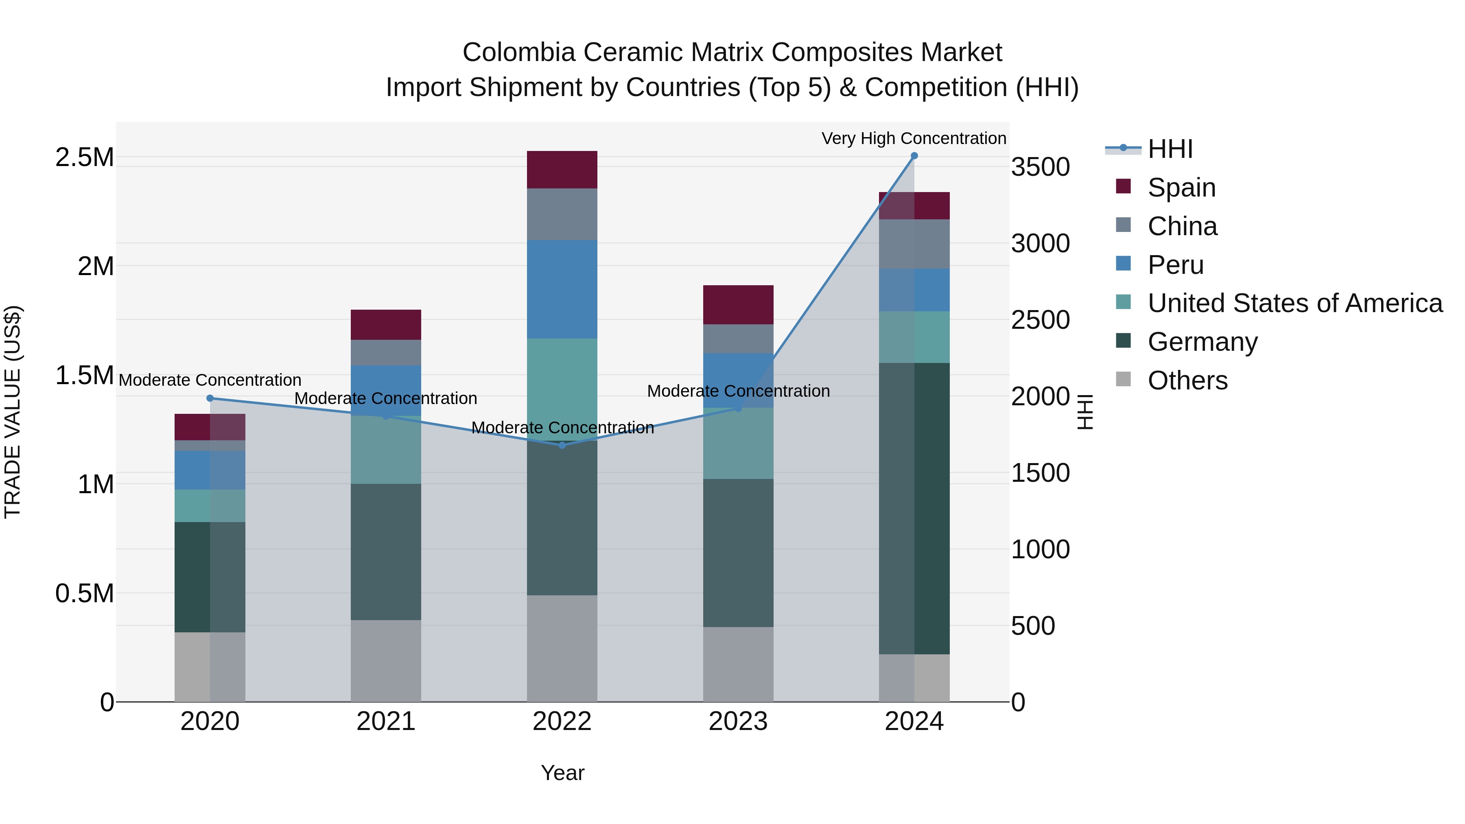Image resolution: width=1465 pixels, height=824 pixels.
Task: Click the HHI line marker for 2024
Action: coord(914,156)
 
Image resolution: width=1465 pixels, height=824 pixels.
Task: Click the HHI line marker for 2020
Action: coord(210,398)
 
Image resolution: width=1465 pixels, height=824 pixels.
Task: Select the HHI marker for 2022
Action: coord(562,445)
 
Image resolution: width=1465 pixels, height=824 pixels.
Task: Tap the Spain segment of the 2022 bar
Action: coord(562,169)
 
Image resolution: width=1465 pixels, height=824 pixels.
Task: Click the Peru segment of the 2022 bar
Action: coord(562,289)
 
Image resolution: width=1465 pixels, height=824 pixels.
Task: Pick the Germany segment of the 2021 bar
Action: coord(386,552)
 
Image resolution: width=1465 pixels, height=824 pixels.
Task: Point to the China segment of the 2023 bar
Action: coord(738,339)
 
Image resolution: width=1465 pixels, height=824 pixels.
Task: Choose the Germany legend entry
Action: coord(1202,342)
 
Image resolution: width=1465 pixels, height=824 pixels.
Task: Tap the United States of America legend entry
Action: coord(1294,303)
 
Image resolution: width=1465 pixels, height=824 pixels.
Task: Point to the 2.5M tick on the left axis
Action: coord(85,157)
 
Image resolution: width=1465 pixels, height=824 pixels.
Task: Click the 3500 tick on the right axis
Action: coord(1040,167)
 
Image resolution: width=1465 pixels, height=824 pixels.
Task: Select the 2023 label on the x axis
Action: coord(738,721)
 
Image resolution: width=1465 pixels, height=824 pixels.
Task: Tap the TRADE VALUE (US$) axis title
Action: coord(13,412)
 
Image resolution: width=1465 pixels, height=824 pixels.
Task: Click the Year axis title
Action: coord(562,773)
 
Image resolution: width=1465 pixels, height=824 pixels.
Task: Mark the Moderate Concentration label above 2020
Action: coord(210,380)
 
